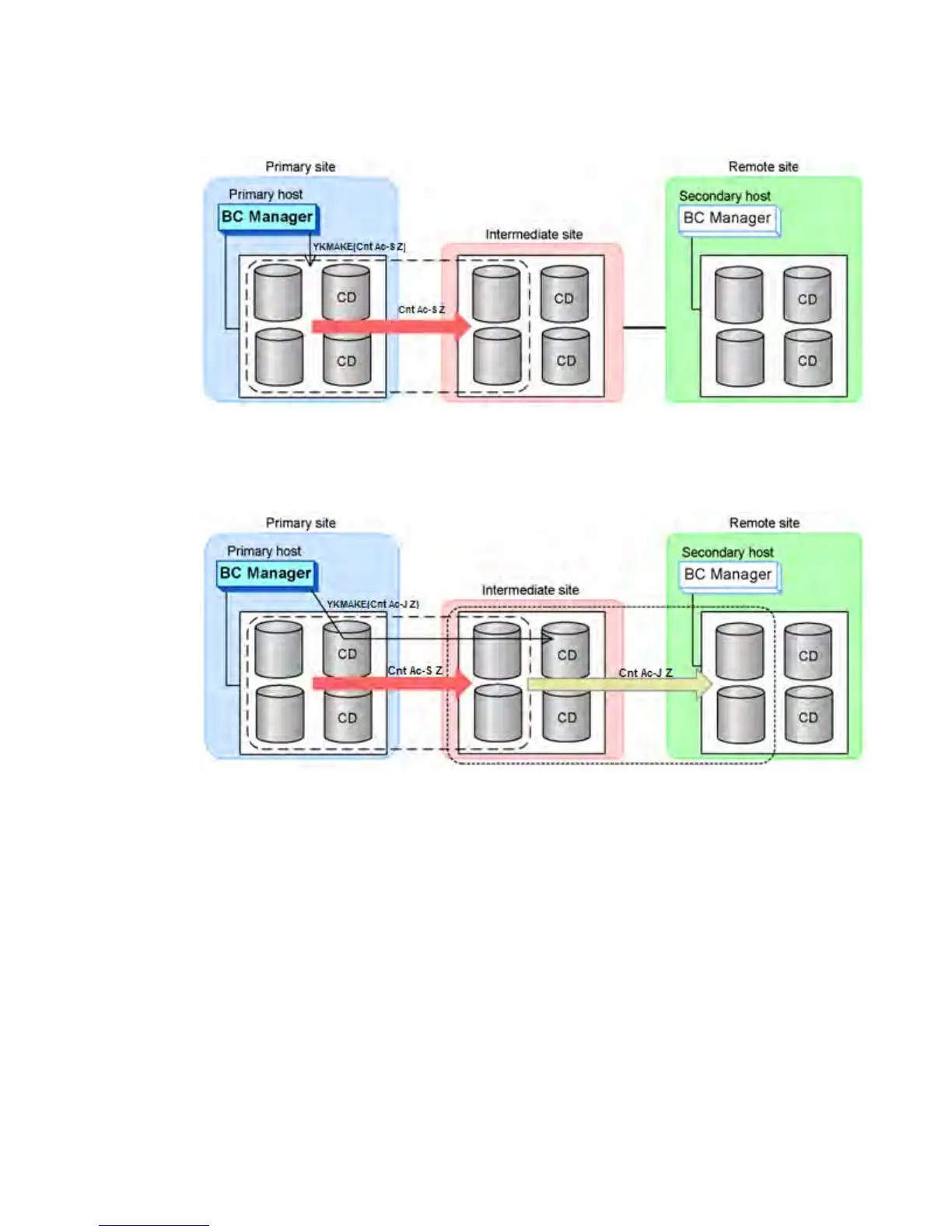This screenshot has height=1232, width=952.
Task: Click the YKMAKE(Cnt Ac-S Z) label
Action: tap(359, 247)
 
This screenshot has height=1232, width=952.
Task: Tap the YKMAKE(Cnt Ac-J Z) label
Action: tap(373, 604)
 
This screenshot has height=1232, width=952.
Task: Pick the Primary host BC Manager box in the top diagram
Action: tap(268, 217)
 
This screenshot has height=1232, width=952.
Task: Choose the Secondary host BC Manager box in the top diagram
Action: tap(727, 219)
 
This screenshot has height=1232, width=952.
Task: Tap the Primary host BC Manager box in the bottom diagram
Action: tap(266, 573)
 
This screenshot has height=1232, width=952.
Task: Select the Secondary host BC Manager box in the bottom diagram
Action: tap(728, 575)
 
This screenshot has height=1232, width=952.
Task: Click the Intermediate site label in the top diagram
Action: tap(534, 234)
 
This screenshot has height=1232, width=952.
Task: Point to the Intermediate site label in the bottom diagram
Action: tap(530, 590)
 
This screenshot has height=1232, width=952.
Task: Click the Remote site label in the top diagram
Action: tap(763, 166)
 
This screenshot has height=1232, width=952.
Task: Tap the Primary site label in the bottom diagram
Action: tap(300, 523)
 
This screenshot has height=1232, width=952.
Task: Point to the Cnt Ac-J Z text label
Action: tap(646, 672)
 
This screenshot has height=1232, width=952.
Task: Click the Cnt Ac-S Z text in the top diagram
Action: tap(422, 310)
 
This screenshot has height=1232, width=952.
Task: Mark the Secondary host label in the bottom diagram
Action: tap(727, 552)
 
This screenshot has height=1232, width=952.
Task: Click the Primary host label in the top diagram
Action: tap(265, 194)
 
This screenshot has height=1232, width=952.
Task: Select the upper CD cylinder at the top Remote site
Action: tap(807, 295)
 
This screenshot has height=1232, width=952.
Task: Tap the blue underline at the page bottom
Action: tap(153, 1225)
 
